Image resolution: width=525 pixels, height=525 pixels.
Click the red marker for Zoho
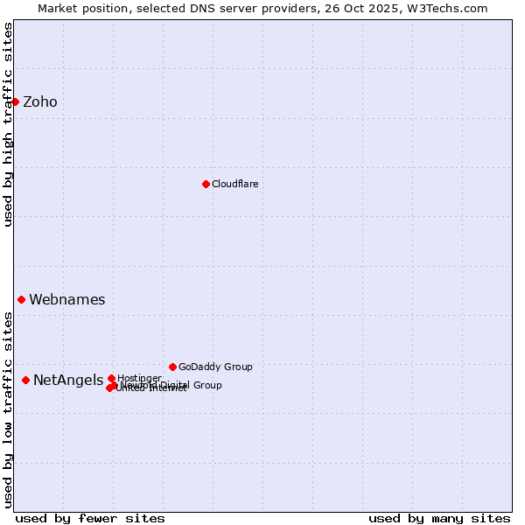15,101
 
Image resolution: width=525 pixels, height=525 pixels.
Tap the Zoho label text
40,102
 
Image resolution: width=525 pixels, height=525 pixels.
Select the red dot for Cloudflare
206,184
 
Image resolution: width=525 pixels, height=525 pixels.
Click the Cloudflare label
234,185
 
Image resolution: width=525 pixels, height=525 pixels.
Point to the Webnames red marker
22,299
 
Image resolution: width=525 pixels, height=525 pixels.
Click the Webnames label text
67,300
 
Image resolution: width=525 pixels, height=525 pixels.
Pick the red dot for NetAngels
26,380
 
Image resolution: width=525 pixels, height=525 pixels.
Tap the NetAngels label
68,381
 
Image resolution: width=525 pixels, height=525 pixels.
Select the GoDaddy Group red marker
172,367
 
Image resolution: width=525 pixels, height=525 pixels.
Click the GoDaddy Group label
215,367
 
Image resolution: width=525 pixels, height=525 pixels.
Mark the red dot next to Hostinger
111,378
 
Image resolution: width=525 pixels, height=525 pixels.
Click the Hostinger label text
139,378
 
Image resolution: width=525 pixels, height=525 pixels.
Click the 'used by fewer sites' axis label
90,518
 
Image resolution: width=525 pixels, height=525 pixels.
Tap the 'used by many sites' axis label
439,518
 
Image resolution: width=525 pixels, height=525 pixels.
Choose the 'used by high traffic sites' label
8,124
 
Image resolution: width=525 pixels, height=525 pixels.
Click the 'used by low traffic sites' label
8,409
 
